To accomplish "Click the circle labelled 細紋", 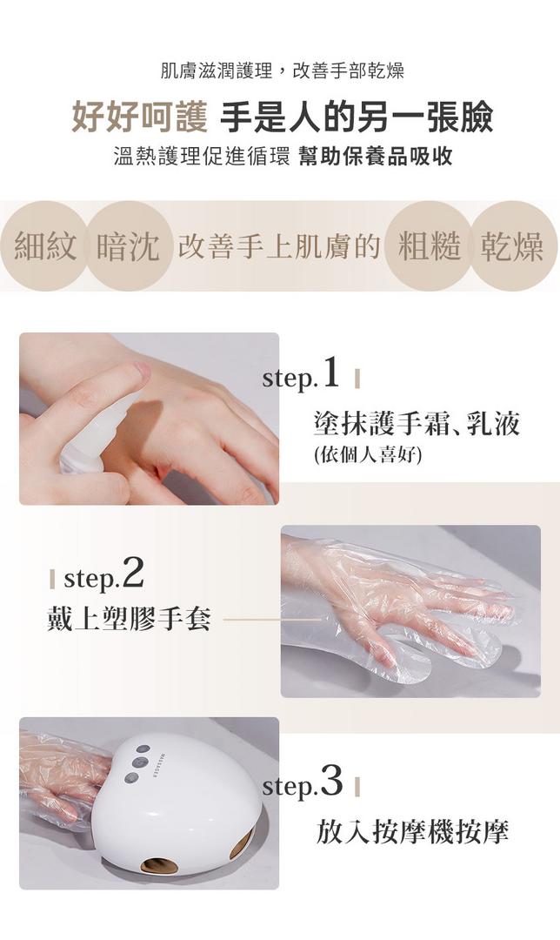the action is tap(45, 245).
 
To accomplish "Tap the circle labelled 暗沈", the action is tap(128, 245).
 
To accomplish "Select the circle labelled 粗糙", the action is tap(430, 245).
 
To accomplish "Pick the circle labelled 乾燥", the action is tap(513, 245).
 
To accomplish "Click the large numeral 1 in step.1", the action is tap(330, 373).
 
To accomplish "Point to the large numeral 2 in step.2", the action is tap(132, 574).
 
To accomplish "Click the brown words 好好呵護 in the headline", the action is tap(139, 117).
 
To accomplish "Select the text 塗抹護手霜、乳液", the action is tap(417, 423).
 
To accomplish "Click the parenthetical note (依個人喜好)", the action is tap(368, 455).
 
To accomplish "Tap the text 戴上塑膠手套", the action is tap(129, 618).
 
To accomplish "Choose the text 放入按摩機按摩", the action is tap(412, 831).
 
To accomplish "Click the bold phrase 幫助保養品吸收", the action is tap(375, 156).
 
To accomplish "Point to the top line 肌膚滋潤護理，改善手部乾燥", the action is tap(283, 70).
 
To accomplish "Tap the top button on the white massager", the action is tap(143, 749).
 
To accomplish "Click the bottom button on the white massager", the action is tap(132, 777).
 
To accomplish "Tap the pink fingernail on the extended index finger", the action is tap(143, 370).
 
